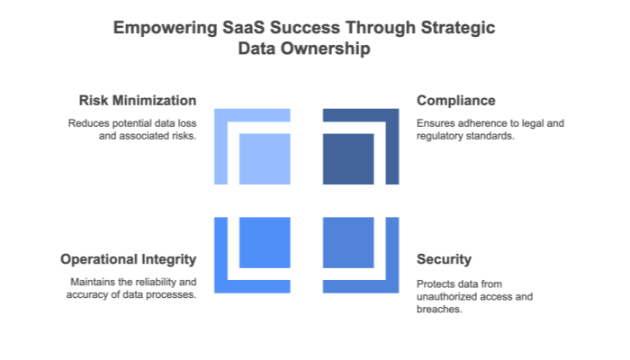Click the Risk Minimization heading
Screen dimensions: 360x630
[138, 100]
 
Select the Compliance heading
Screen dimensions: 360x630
[455, 100]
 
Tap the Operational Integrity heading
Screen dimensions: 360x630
[129, 259]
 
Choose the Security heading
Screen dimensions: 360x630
[444, 259]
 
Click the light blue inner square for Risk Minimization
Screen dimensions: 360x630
[265, 159]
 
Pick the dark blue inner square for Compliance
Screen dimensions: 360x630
[348, 159]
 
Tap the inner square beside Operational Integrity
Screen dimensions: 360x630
[265, 241]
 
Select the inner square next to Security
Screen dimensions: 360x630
[348, 241]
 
